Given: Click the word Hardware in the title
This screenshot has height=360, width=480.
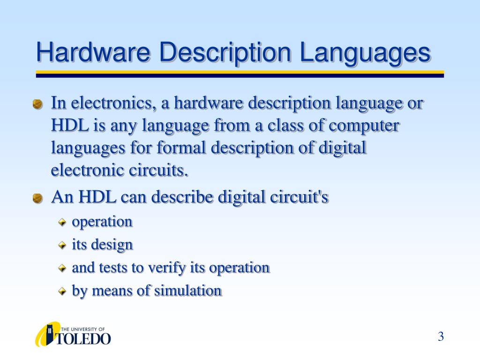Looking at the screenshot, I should coord(94,52).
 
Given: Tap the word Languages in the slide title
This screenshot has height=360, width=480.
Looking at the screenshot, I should coord(365,53).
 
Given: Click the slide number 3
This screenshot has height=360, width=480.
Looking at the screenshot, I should coord(441,337).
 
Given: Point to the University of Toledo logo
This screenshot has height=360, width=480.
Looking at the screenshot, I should coord(73,334).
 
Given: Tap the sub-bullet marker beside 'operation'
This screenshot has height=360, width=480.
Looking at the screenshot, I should coord(62,222).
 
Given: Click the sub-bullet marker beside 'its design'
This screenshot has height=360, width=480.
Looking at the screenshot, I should coord(62,245).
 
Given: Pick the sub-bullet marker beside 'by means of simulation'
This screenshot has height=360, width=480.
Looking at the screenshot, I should coord(62,292).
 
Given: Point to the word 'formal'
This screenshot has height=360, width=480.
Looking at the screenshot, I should coord(182,148).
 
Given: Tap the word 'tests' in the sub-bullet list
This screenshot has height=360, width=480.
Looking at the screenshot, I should coord(113,268).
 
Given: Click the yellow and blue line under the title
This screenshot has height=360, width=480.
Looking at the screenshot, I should coord(240,74).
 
